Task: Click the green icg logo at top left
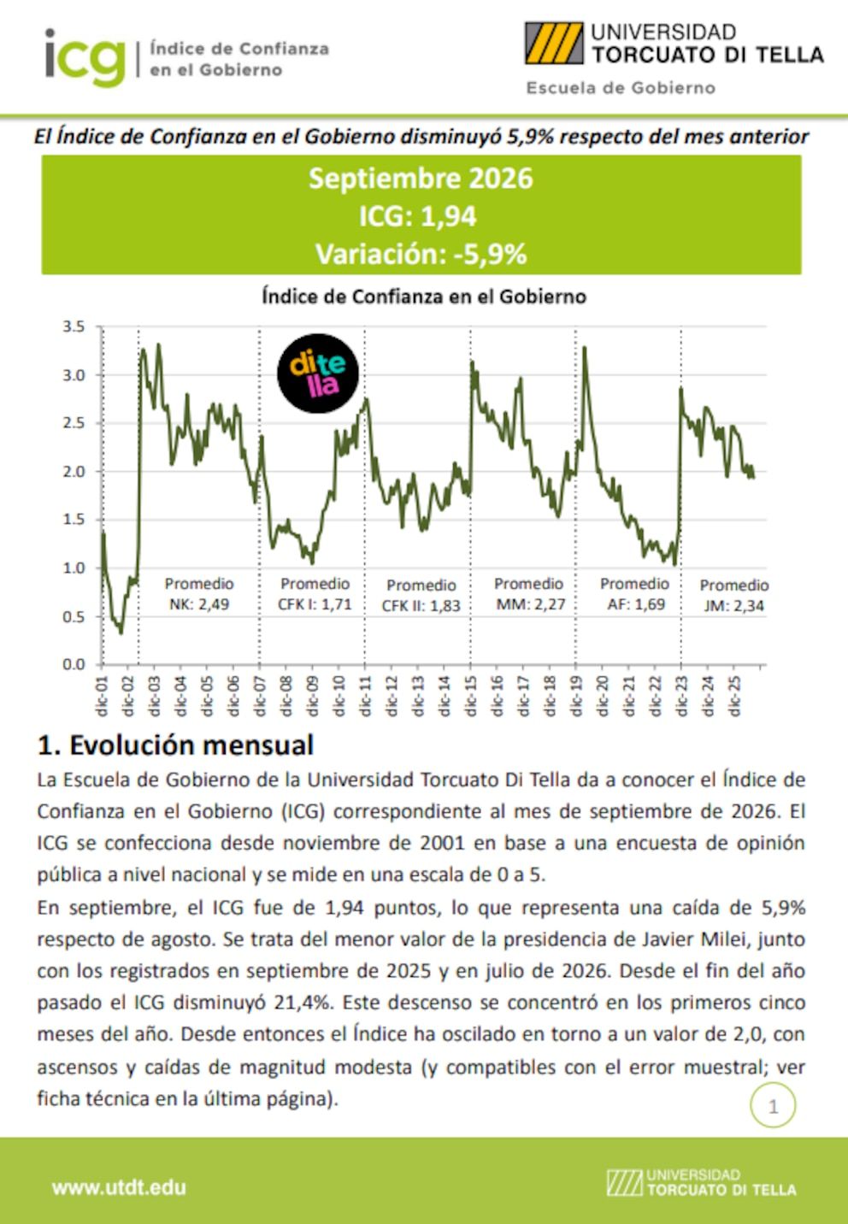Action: pos(85,57)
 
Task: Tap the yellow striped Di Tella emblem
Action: pos(554,44)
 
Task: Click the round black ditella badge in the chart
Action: pos(318,374)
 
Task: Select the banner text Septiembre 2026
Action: pos(421,179)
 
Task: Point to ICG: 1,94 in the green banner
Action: pos(417,216)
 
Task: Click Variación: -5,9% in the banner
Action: pos(421,254)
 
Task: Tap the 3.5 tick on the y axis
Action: pos(74,327)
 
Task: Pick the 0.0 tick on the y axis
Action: pos(74,664)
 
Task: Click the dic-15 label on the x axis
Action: pos(470,696)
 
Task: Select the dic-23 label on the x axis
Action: pos(681,696)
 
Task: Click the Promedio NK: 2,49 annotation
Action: pos(199,594)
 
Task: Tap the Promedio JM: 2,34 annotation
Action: pos(733,595)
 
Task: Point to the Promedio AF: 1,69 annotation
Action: pos(635,594)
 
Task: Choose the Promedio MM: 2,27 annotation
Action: pos(529,594)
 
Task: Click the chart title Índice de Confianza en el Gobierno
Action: pos(424,297)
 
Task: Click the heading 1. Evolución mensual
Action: pos(175,745)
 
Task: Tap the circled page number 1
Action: pos(773,1107)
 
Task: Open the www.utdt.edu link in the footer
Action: pos(119,1187)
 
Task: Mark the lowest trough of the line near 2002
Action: pos(121,633)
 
